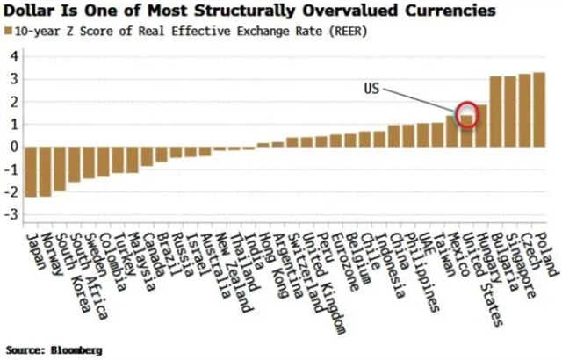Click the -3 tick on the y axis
[11, 214]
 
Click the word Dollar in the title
[32, 11]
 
